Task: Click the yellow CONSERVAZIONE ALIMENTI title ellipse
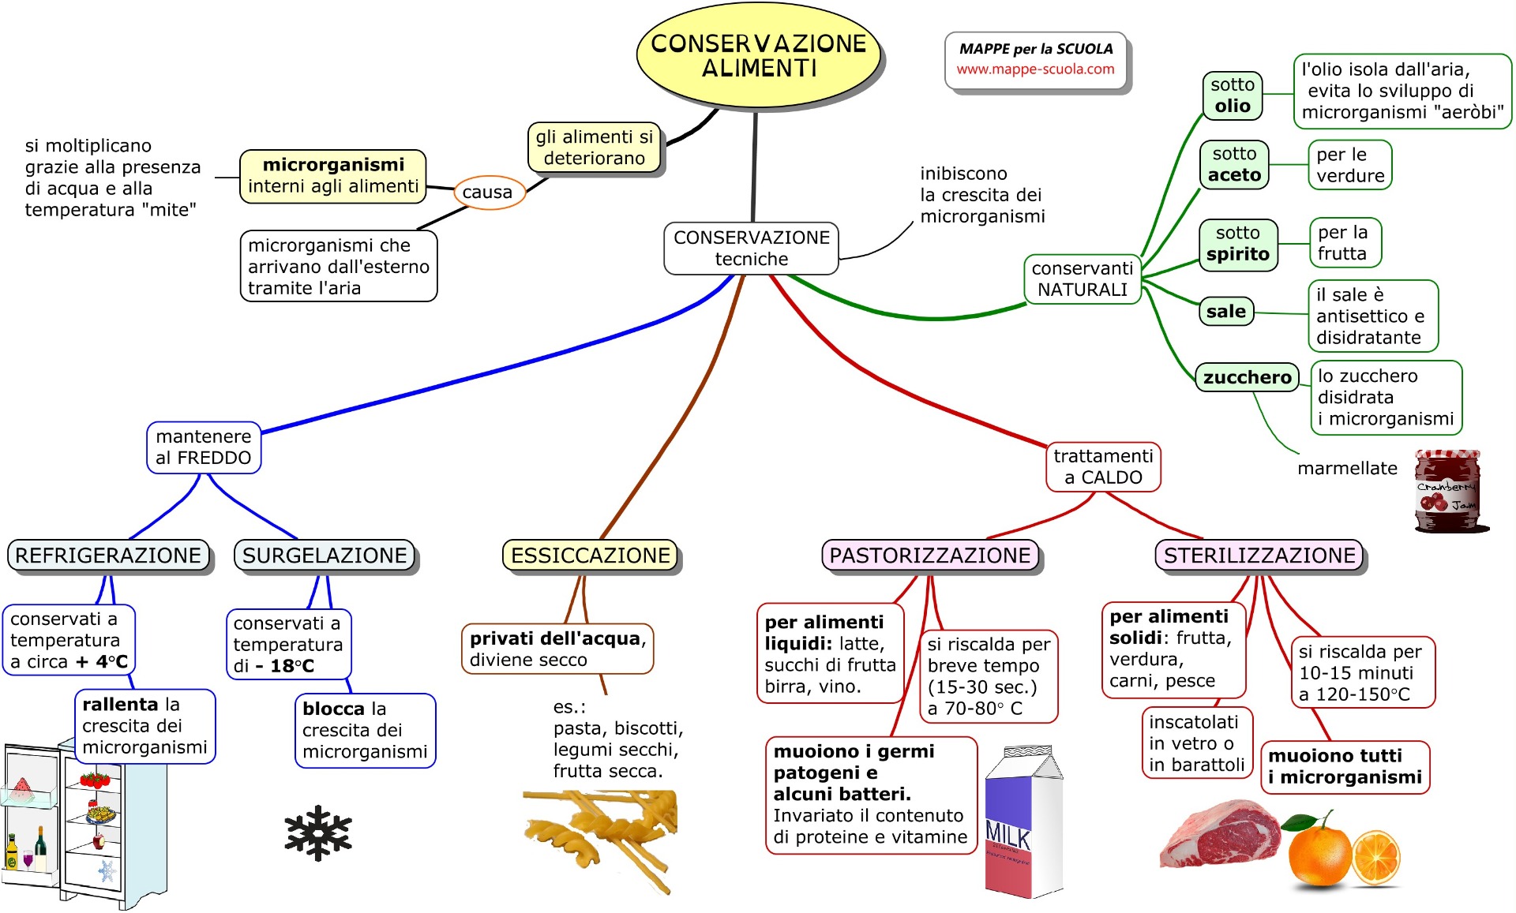coord(758,55)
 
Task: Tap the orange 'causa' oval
coord(488,193)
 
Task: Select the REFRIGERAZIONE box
coord(108,556)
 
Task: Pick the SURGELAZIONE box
coord(325,556)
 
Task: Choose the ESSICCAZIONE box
coord(591,556)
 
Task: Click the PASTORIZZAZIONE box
coord(930,556)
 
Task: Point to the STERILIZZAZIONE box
coord(1259,556)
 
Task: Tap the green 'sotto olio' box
coord(1233,95)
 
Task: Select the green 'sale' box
coord(1226,312)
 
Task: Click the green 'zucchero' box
coord(1248,377)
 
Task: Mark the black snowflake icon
coord(318,833)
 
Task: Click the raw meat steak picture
coord(1220,835)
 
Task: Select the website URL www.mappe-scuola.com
coord(1036,69)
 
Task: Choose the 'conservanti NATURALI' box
coord(1083,279)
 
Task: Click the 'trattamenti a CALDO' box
coord(1103,466)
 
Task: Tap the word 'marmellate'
coord(1347,469)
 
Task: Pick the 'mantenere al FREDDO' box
coord(204,447)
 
